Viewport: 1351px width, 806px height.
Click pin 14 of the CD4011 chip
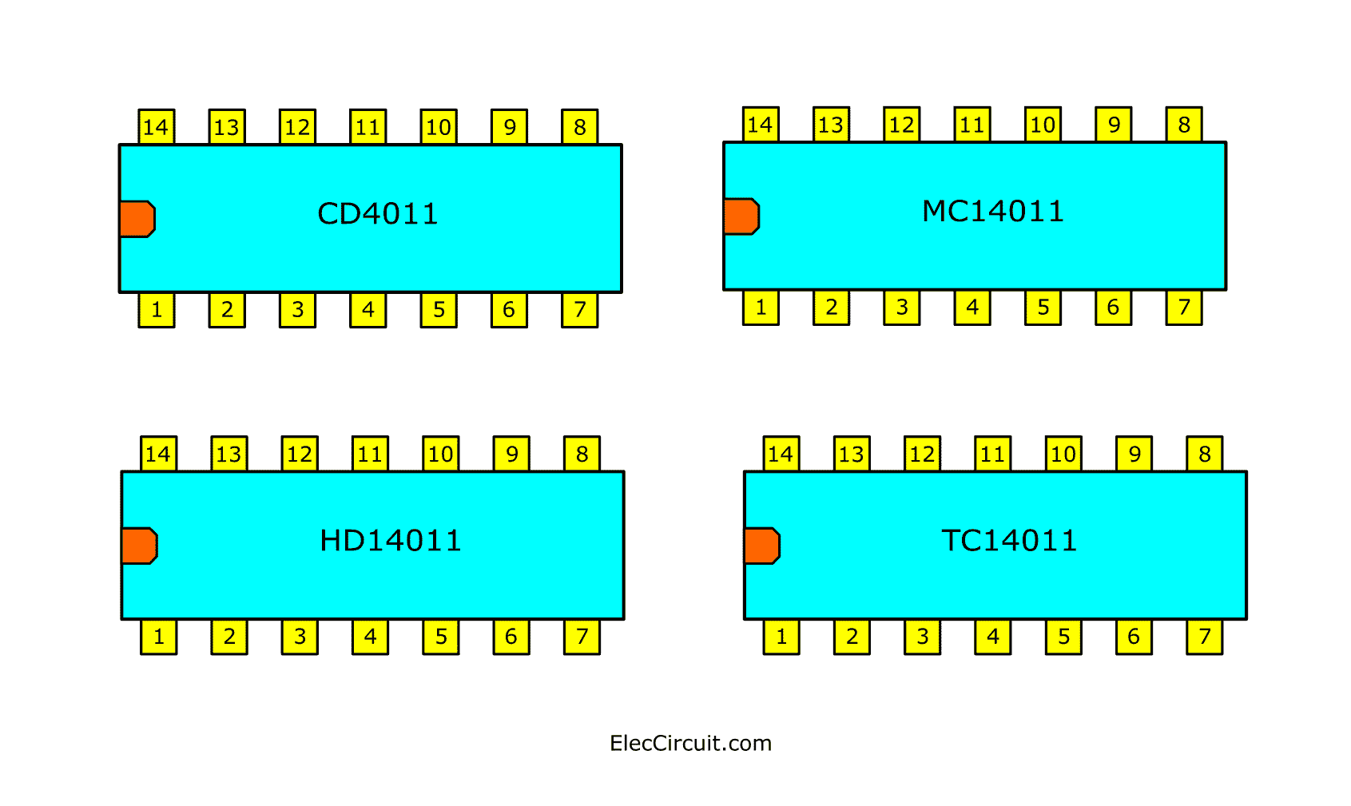(156, 127)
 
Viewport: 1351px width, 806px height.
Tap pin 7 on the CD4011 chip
(579, 310)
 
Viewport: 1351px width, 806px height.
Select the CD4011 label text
(378, 214)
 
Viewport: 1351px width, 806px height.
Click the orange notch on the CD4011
(137, 219)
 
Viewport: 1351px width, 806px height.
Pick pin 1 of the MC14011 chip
(761, 308)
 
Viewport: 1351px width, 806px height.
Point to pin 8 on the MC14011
(1183, 125)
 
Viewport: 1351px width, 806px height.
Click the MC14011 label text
(993, 212)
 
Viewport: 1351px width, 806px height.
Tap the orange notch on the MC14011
(741, 216)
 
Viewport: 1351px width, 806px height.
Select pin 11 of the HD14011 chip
(370, 455)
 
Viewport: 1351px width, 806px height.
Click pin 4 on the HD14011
(370, 637)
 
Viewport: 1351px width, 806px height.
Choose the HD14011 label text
(391, 541)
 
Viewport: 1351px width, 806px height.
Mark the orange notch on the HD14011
(139, 546)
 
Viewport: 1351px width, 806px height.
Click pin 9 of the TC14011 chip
(1134, 455)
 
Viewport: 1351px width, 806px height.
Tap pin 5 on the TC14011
(1063, 637)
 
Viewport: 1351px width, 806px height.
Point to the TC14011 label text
(1009, 541)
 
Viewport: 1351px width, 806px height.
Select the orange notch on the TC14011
(761, 546)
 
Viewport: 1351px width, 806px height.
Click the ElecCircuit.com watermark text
(690, 744)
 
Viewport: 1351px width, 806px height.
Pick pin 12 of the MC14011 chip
(901, 125)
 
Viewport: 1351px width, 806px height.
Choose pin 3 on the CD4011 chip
(297, 310)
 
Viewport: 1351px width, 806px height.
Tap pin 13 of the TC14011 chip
(851, 455)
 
